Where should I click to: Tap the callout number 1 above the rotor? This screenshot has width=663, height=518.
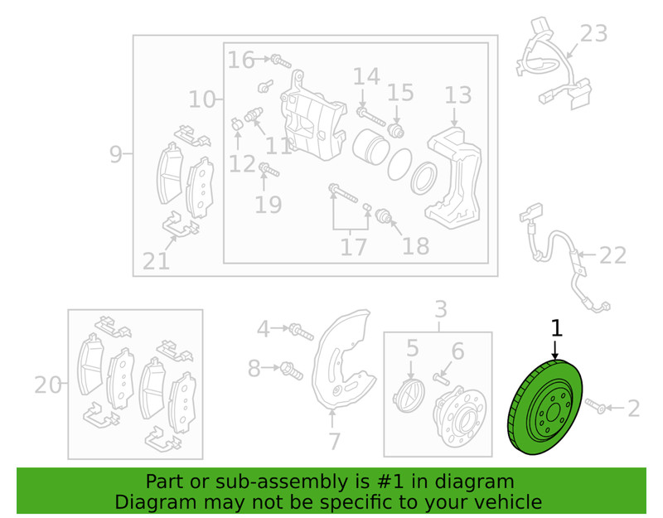pyautogui.click(x=556, y=328)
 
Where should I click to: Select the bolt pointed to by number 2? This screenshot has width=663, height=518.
pyautogui.click(x=596, y=405)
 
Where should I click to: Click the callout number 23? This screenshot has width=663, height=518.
pyautogui.click(x=593, y=33)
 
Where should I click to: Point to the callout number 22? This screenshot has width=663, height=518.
pyautogui.click(x=613, y=255)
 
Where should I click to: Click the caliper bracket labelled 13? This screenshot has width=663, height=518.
pyautogui.click(x=453, y=178)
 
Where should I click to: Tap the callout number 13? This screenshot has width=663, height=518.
pyautogui.click(x=458, y=95)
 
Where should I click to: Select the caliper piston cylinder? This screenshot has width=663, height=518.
pyautogui.click(x=370, y=147)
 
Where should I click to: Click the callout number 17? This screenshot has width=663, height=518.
pyautogui.click(x=354, y=247)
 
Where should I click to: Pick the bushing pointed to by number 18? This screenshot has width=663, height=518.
pyautogui.click(x=385, y=215)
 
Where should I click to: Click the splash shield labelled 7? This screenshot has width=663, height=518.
pyautogui.click(x=343, y=361)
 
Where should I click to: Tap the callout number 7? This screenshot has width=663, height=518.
pyautogui.click(x=334, y=441)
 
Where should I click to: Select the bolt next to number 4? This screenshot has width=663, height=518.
pyautogui.click(x=302, y=332)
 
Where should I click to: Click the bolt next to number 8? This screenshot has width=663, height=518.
pyautogui.click(x=292, y=370)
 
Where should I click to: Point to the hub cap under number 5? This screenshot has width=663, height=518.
pyautogui.click(x=409, y=395)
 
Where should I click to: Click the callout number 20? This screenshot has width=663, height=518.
pyautogui.click(x=48, y=385)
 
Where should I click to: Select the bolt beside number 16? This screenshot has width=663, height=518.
pyautogui.click(x=281, y=61)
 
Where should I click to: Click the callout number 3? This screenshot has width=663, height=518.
pyautogui.click(x=441, y=309)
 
